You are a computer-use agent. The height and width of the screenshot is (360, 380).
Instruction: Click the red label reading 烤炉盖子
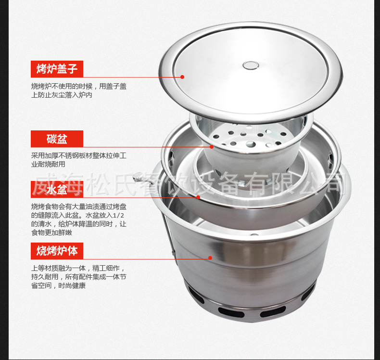[57, 69]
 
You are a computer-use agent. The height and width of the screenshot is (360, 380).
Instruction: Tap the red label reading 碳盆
[57, 139]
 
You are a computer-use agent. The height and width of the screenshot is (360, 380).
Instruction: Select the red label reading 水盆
[57, 189]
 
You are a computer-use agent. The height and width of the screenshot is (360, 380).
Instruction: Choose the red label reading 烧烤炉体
[57, 251]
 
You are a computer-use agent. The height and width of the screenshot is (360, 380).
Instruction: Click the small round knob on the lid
[251, 65]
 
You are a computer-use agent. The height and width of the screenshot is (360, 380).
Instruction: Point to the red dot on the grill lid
[182, 77]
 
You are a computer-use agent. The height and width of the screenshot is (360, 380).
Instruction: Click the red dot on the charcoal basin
[212, 147]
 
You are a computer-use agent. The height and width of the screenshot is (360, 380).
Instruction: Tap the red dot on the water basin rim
[198, 197]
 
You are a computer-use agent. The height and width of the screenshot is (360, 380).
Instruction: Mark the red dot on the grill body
[210, 258]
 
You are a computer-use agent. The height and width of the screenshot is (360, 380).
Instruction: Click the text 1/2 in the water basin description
[118, 216]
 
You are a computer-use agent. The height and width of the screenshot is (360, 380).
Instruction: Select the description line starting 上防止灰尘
[62, 95]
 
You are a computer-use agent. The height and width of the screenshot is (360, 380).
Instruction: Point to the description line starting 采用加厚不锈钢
[79, 155]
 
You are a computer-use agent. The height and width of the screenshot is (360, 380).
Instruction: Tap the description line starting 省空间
[58, 285]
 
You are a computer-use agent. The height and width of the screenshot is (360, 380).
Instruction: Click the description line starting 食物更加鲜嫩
[51, 233]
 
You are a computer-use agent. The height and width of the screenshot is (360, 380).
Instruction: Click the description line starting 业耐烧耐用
[48, 165]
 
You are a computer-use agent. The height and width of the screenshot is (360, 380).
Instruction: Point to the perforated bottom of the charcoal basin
[250, 137]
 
